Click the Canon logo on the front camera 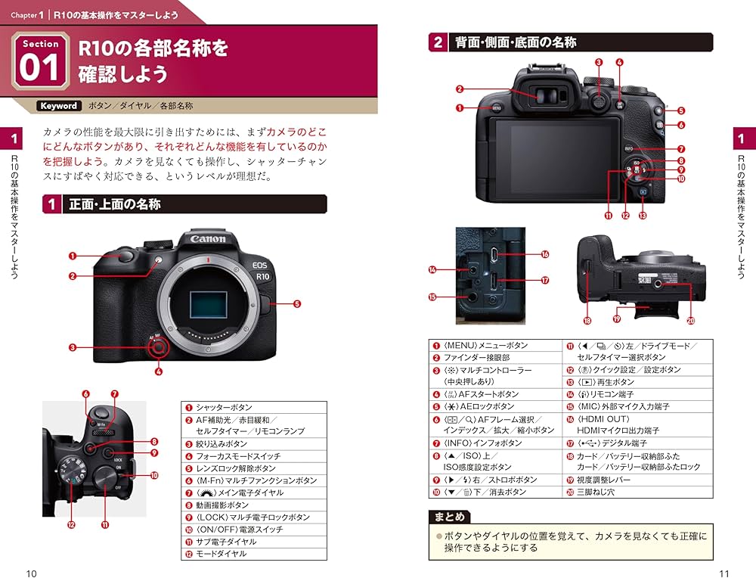point(208,239)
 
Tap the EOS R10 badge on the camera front point(262,270)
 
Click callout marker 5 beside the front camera point(296,304)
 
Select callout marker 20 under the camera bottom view point(690,320)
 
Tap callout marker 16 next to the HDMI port point(544,255)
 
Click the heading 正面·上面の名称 point(114,204)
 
